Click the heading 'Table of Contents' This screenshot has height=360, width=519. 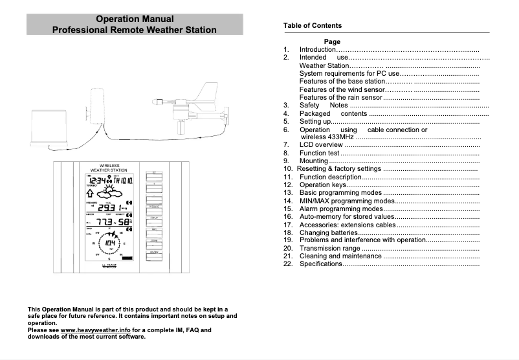tap(312, 25)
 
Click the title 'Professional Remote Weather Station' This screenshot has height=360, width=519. tap(134, 30)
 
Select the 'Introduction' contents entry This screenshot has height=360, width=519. tap(317, 50)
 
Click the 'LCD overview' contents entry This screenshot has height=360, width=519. tap(321, 145)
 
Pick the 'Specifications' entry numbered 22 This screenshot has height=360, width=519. tap(320, 264)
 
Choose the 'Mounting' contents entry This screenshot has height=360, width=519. tap(313, 161)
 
